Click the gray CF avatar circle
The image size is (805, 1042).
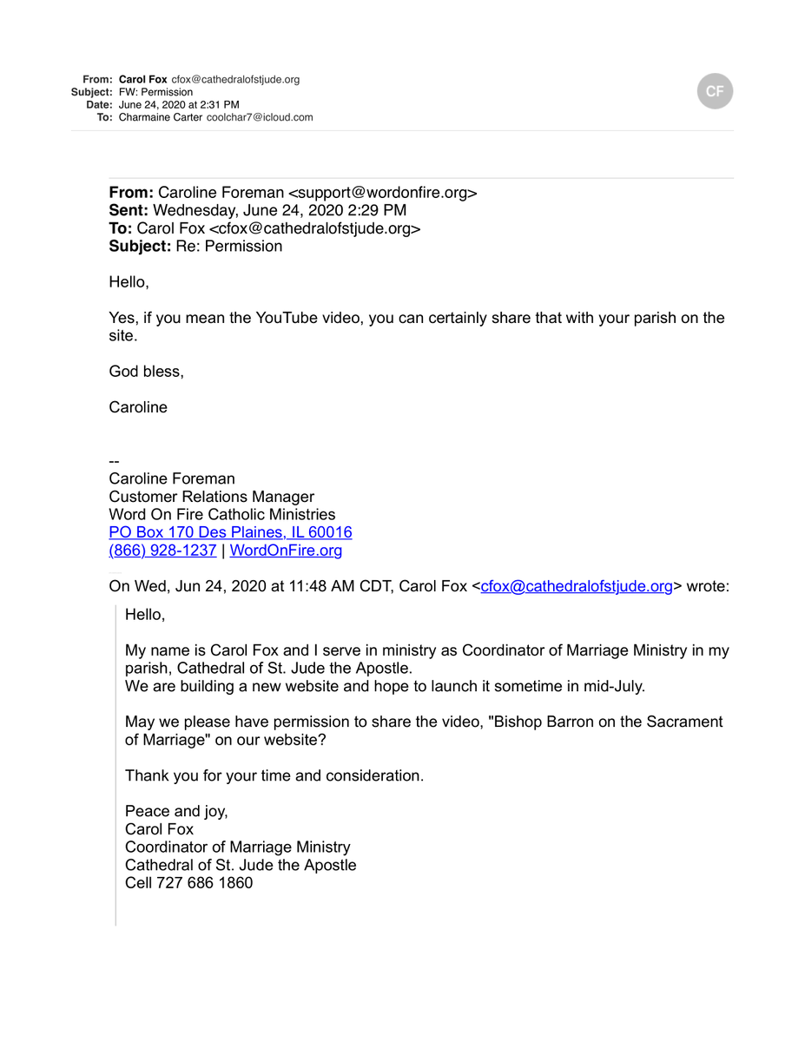point(715,91)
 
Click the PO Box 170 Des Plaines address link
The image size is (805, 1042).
point(230,532)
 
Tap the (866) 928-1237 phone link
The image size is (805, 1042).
point(162,551)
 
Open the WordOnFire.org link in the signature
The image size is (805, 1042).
point(286,551)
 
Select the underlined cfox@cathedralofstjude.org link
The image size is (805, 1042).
point(577,586)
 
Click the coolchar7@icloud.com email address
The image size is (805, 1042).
point(260,117)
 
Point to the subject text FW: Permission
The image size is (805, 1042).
point(155,92)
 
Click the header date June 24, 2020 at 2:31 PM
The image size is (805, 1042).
point(179,104)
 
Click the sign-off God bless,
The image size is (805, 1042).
point(146,372)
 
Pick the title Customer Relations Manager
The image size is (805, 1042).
point(211,497)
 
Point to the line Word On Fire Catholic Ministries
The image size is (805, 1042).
point(221,515)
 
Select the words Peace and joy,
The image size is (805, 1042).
point(176,811)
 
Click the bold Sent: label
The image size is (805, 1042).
point(129,210)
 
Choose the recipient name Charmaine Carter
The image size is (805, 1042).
point(160,117)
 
